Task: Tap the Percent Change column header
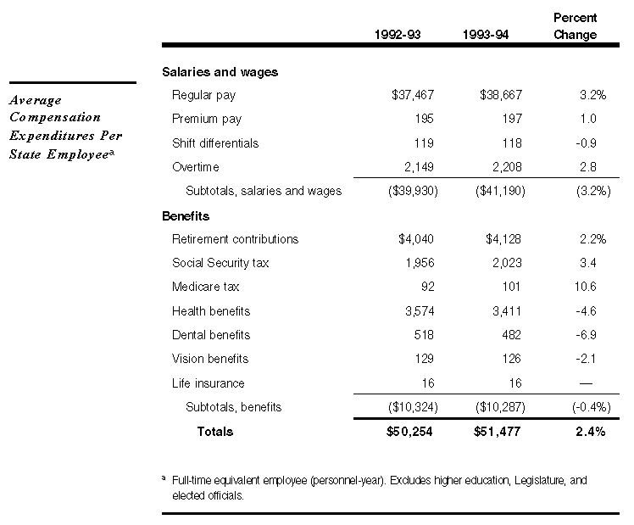click(x=576, y=26)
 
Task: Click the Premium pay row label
click(x=207, y=120)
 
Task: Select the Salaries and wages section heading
click(x=220, y=72)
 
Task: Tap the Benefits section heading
click(x=186, y=216)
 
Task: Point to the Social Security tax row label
click(x=220, y=263)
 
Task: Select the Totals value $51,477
click(x=497, y=432)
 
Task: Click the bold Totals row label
click(x=215, y=432)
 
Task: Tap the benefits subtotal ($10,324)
click(x=412, y=407)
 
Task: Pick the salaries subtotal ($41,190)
click(x=500, y=191)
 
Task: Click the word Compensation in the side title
click(x=55, y=117)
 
